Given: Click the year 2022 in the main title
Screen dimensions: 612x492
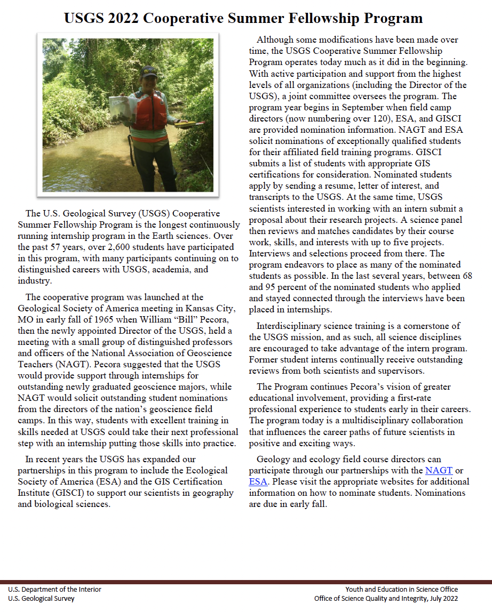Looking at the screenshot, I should pos(124,19).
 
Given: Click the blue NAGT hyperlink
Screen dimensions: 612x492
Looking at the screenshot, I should pos(439,470).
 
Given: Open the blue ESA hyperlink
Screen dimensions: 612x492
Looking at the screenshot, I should pos(258,481).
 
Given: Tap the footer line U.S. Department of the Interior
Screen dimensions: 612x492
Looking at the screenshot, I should pos(54,589).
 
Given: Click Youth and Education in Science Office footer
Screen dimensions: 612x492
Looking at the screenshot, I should pos(401,589).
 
